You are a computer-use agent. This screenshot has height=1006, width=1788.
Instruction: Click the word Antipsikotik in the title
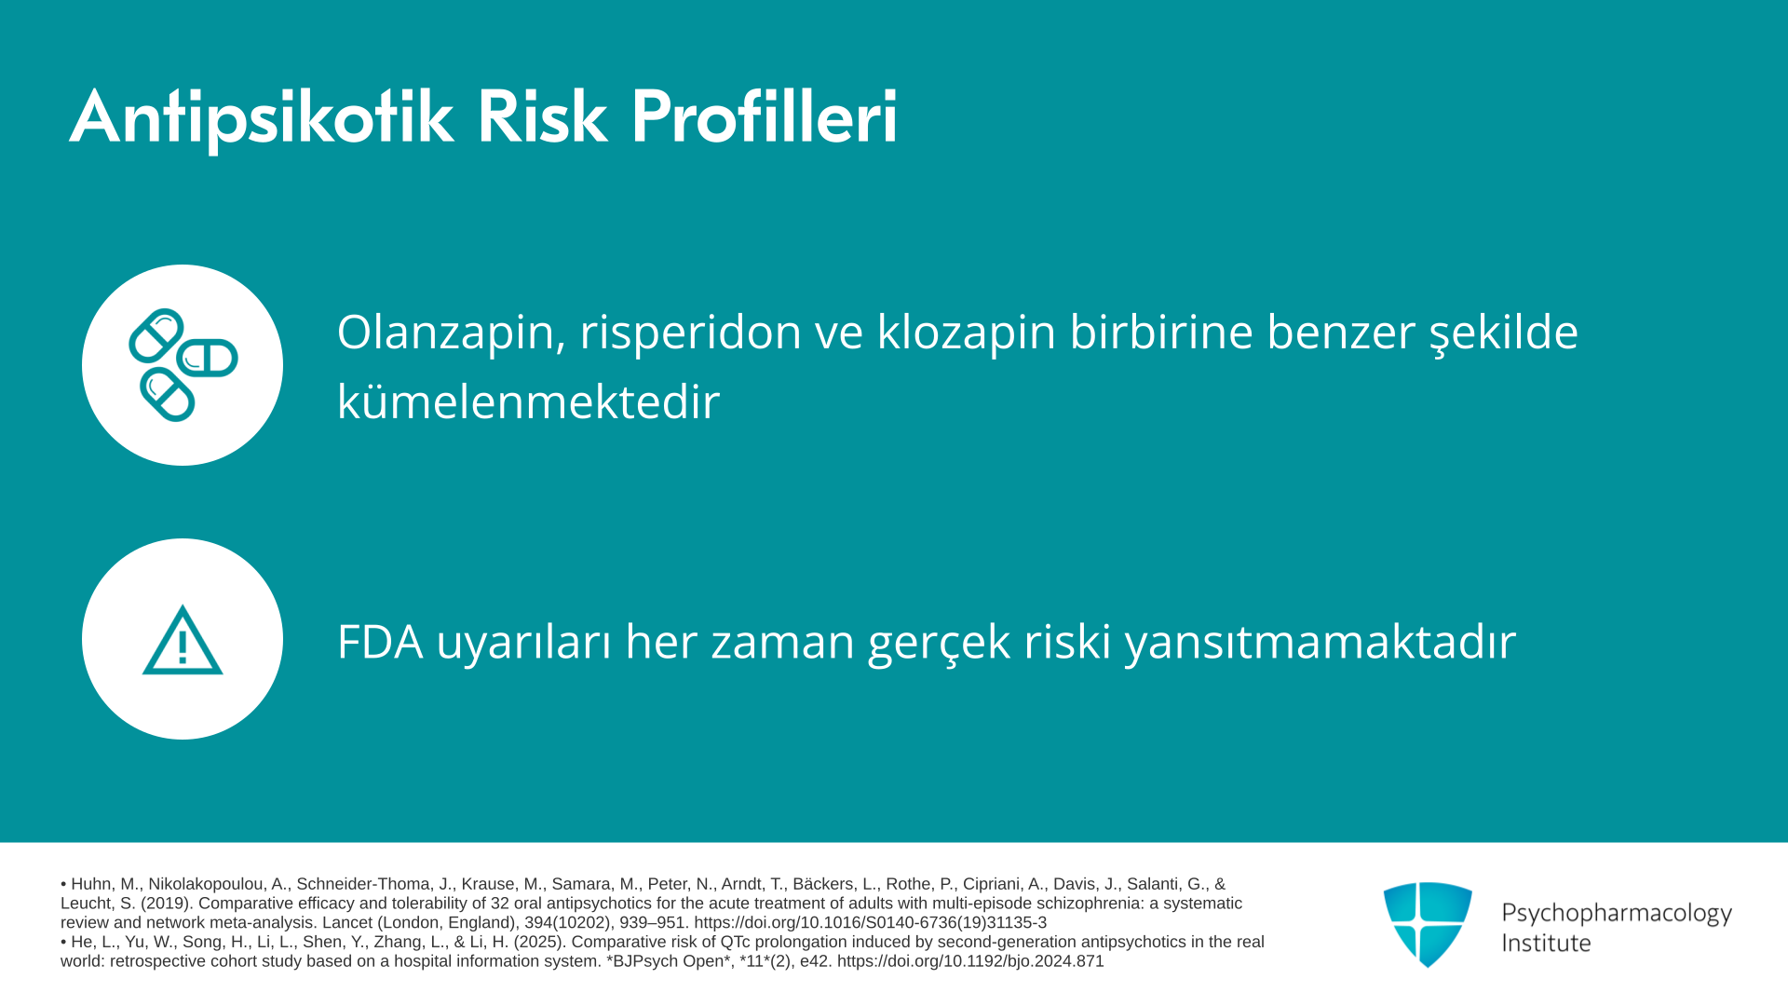(x=262, y=117)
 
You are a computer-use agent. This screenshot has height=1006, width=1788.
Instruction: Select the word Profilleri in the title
(x=765, y=117)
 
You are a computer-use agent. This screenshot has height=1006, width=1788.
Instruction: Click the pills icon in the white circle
(x=183, y=364)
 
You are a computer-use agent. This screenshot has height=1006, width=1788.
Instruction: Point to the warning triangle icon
(x=183, y=640)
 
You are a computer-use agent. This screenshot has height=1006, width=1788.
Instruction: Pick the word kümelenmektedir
(x=529, y=401)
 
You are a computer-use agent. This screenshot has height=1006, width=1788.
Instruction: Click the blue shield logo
(x=1428, y=925)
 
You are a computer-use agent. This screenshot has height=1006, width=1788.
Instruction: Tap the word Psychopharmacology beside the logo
(x=1617, y=914)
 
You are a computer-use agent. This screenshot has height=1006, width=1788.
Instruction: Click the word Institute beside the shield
(x=1546, y=944)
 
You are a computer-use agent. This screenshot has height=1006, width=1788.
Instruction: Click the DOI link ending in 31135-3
(x=870, y=923)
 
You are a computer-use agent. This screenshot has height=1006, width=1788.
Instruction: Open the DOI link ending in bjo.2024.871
(x=970, y=961)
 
